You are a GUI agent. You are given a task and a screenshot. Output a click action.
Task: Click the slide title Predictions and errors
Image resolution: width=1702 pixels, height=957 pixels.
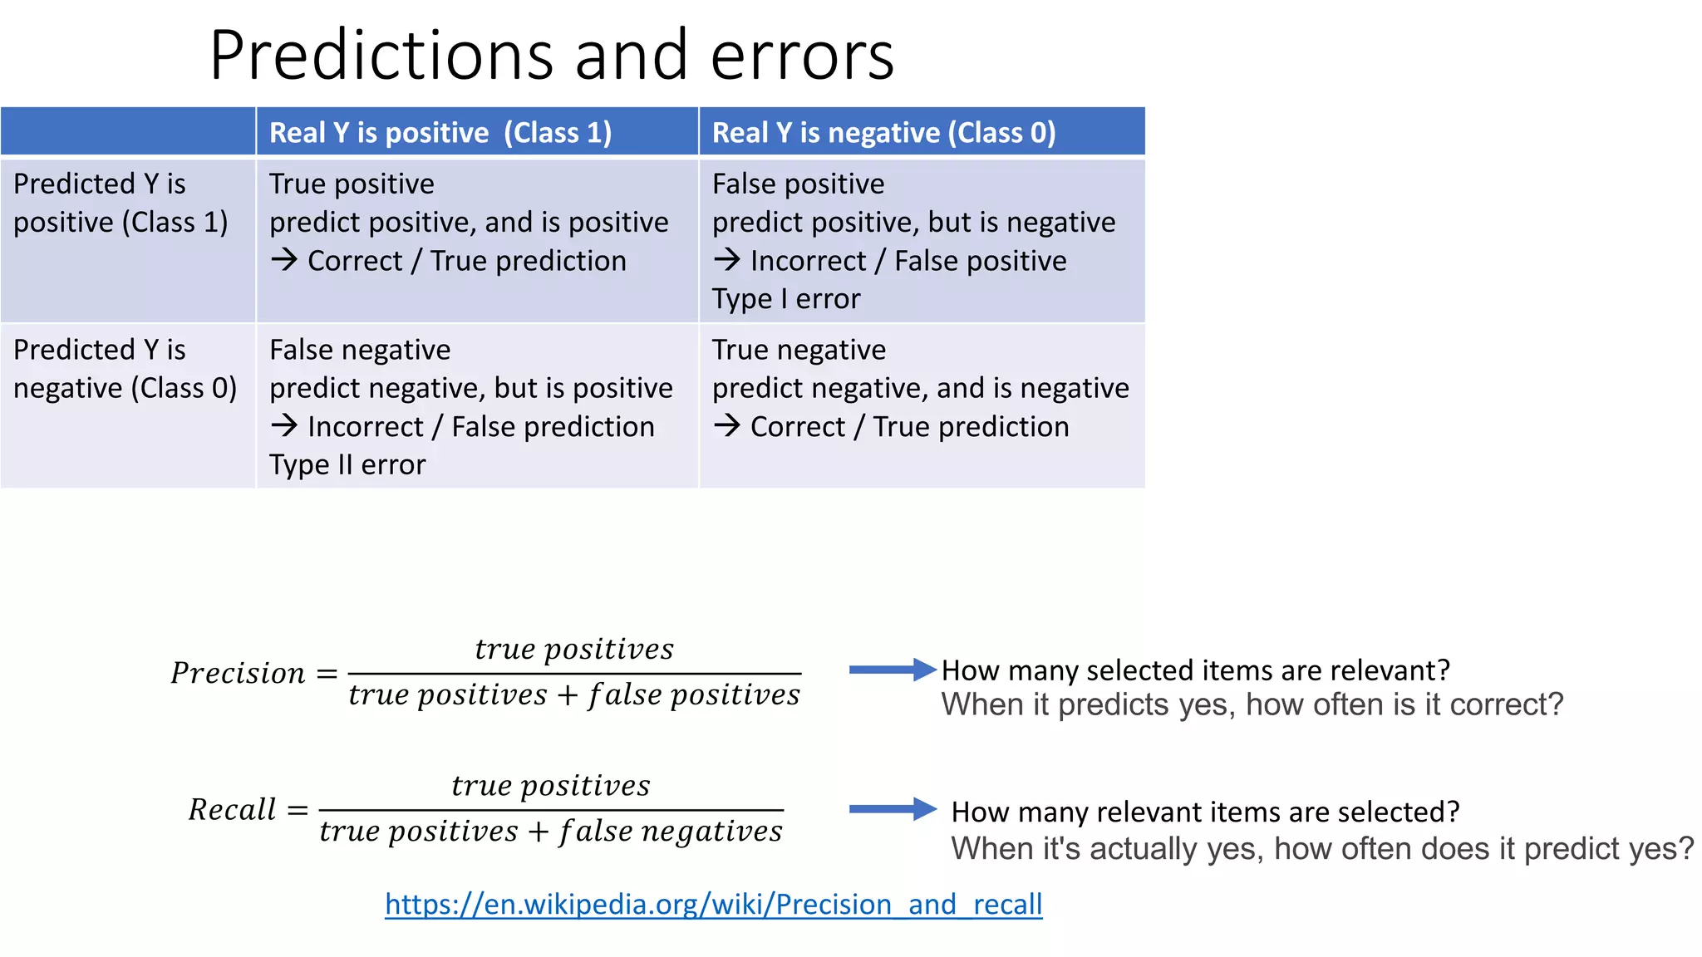[551, 55]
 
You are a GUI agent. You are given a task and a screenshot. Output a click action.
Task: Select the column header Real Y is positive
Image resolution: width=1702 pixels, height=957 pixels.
[440, 133]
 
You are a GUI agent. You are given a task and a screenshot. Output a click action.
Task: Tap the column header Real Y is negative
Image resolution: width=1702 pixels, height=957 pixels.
[883, 133]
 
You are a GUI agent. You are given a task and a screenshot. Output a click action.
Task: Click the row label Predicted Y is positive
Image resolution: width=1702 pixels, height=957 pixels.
[121, 203]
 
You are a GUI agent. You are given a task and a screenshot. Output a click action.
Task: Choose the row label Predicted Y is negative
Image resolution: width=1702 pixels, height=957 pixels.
[125, 369]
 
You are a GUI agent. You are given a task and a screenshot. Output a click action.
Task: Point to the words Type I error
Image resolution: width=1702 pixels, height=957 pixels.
[785, 299]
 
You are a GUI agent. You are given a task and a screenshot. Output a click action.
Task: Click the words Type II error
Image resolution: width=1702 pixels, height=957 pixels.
[347, 465]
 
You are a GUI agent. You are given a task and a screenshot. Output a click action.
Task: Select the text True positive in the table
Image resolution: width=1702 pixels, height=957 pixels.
[352, 184]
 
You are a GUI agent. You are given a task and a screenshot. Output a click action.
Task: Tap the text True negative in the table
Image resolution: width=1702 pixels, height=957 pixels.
[799, 350]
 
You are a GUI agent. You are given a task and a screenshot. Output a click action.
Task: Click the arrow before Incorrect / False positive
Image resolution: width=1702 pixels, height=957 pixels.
[726, 260]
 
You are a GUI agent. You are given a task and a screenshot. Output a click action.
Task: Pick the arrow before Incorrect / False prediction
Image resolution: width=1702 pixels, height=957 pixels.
[283, 426]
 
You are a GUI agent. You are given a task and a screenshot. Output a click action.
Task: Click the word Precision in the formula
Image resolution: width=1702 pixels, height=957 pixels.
[238, 673]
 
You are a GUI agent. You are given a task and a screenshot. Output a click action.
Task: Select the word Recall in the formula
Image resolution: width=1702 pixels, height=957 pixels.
[232, 809]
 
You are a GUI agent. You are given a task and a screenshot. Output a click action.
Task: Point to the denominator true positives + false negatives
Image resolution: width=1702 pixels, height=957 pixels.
[551, 832]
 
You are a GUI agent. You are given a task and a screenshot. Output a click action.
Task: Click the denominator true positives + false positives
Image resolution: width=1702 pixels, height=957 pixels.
[573, 695]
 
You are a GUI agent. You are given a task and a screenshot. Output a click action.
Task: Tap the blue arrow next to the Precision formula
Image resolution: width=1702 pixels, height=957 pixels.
[892, 670]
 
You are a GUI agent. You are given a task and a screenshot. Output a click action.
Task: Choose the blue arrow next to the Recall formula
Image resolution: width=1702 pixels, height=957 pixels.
[892, 809]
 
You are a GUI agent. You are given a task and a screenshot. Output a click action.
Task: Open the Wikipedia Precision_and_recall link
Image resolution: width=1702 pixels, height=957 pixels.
[713, 904]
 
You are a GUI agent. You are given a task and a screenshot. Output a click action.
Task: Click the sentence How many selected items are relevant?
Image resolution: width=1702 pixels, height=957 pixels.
[1195, 670]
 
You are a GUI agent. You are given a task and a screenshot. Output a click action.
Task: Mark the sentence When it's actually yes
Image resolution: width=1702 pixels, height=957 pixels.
[1321, 849]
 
